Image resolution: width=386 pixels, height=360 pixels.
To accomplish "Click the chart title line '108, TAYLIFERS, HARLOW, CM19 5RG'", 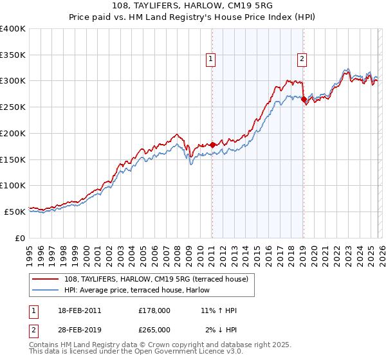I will (x=192, y=6).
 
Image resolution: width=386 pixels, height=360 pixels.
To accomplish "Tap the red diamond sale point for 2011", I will (x=212, y=145).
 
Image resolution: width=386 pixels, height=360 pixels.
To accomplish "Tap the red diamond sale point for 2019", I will (x=304, y=100).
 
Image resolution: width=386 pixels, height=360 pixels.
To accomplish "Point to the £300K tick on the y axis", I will (x=13, y=81).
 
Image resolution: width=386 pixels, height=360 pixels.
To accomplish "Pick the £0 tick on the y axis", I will (x=21, y=238).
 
